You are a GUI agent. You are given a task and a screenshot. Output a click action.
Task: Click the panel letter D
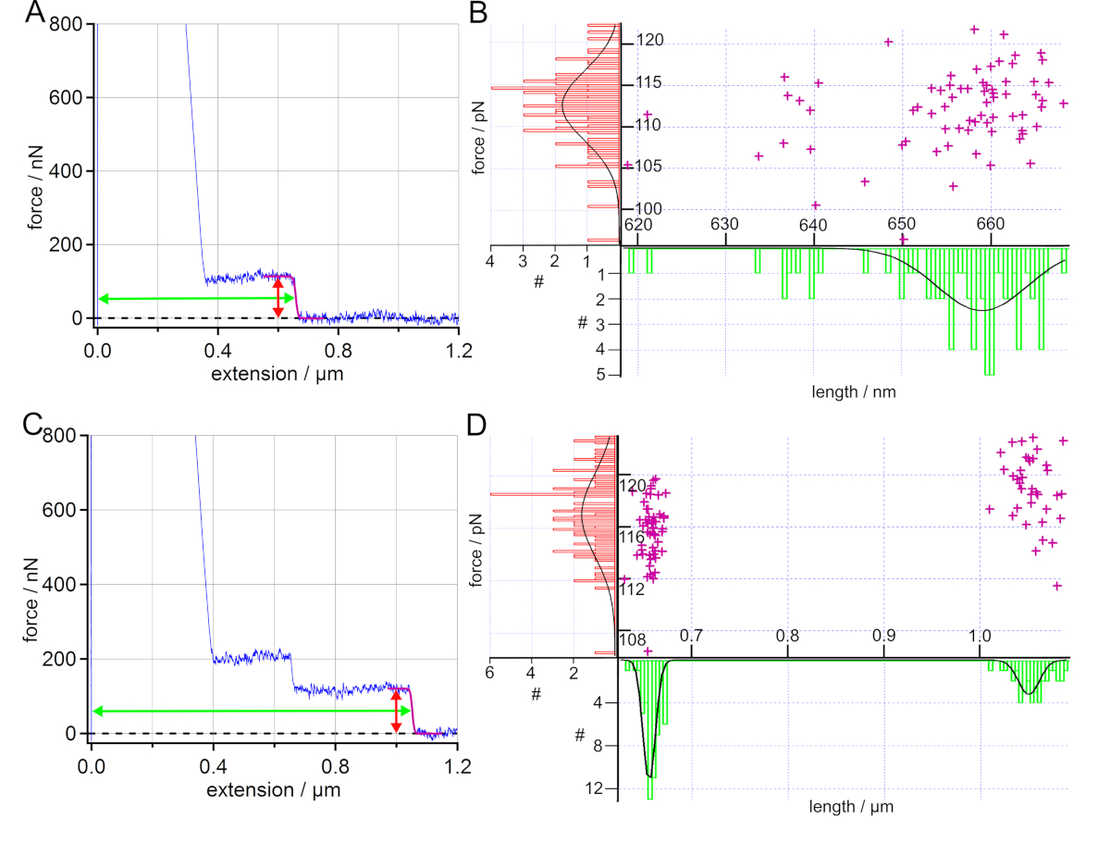tap(476, 425)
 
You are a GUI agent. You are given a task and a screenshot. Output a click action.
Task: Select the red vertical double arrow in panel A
tap(278, 296)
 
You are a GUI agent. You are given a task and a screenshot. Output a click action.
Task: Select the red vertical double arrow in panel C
tap(396, 711)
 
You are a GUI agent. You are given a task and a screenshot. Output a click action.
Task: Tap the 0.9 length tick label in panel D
tap(884, 637)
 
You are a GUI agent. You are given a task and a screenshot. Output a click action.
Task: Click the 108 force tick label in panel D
tap(632, 638)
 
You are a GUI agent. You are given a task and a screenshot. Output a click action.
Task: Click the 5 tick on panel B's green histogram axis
tap(600, 375)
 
